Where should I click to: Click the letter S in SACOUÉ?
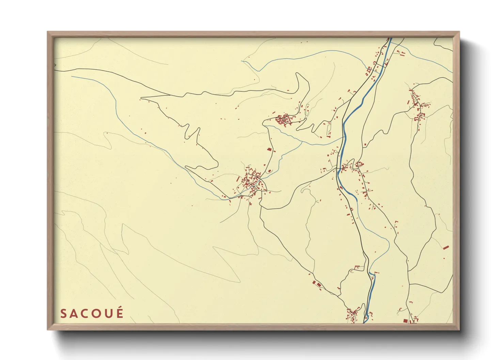click(x=63, y=313)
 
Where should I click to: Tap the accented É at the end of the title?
click(x=119, y=313)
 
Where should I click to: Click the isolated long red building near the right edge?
click(x=446, y=247)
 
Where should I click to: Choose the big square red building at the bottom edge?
click(x=405, y=321)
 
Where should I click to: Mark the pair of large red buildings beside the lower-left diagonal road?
click(x=317, y=283)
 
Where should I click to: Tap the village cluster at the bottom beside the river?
click(x=352, y=314)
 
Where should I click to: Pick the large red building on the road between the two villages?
click(x=269, y=149)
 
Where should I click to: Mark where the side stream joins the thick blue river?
click(x=343, y=137)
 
